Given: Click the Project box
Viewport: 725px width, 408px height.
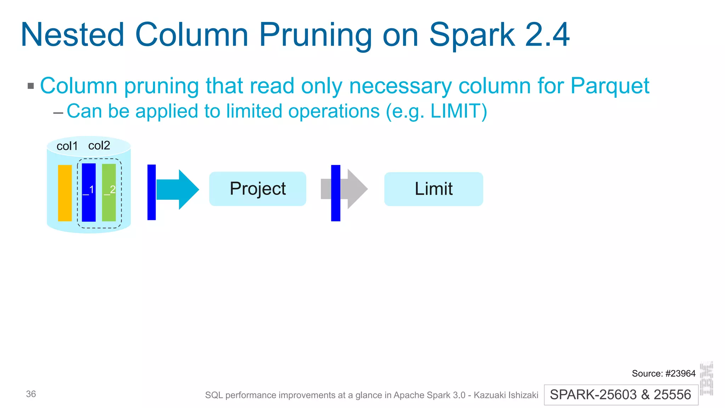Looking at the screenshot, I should [257, 189].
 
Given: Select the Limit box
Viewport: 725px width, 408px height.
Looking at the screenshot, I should [433, 189].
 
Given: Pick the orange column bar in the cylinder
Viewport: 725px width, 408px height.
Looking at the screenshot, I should [65, 193].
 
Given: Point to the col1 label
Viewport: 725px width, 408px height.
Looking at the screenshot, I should [67, 146].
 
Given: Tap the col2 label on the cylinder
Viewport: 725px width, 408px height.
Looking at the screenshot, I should [99, 145].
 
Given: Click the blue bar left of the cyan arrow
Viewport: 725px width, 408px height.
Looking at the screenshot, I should [152, 192].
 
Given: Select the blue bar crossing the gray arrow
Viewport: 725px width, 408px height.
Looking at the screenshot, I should [336, 193].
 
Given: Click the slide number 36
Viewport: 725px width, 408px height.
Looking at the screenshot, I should [31, 394].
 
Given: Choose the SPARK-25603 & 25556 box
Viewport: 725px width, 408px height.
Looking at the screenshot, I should [621, 395].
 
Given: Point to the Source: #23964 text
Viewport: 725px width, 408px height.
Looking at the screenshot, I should [663, 373].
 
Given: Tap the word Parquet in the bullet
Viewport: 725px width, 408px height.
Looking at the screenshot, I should [610, 86].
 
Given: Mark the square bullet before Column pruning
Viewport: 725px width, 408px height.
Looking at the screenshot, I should [31, 86].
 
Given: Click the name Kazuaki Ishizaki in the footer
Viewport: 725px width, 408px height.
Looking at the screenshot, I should [506, 395].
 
